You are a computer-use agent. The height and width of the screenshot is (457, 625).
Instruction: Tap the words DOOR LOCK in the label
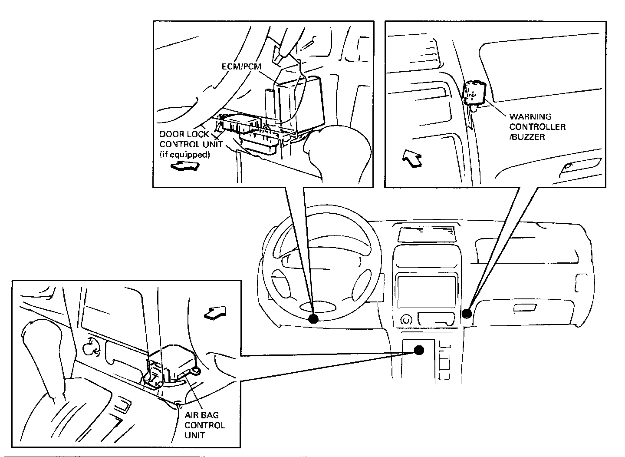pos(184,135)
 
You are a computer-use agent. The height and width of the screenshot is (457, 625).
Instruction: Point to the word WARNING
pos(530,117)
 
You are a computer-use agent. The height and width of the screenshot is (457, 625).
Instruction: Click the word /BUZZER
pos(527,137)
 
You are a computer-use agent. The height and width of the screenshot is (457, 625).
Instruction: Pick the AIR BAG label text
pos(202,415)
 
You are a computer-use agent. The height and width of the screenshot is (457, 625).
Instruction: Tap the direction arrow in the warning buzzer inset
pos(412,159)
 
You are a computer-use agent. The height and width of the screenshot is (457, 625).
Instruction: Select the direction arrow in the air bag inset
pos(215,312)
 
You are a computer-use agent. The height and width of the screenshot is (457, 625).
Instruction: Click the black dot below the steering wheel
pos(313,319)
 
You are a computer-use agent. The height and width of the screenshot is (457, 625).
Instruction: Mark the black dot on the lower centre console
pos(419,350)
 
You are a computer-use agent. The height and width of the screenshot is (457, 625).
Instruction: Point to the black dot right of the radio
pos(467,313)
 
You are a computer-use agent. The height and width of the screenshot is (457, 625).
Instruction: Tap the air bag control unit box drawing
pos(174,361)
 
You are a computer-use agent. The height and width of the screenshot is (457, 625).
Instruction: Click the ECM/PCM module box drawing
pos(299,100)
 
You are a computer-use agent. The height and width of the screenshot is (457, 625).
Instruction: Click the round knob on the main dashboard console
pos(406,320)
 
